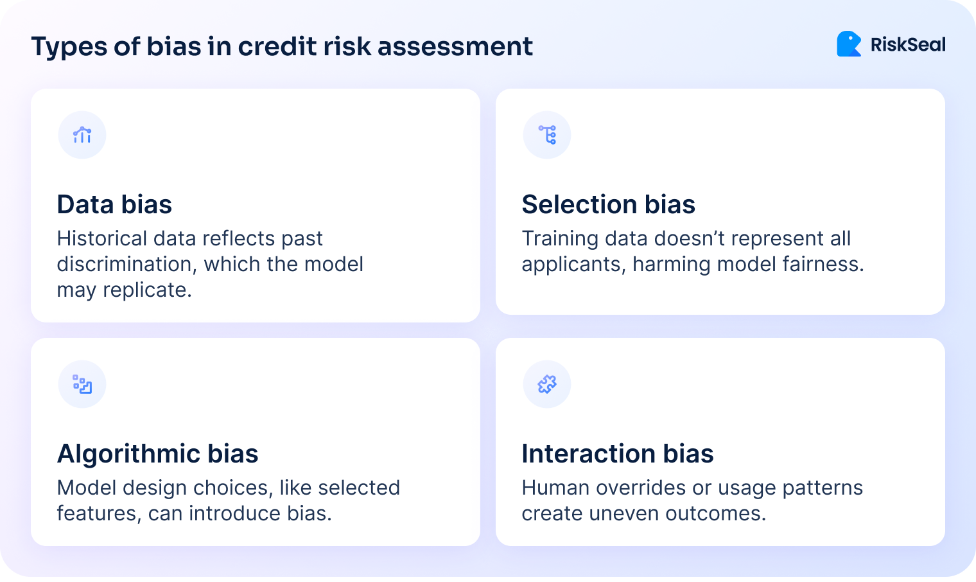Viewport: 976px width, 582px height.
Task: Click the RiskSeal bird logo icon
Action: pos(849,44)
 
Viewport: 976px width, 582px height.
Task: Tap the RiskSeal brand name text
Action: pos(908,45)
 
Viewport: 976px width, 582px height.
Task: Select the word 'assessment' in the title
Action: pos(455,46)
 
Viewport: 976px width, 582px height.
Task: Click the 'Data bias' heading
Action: pos(114,204)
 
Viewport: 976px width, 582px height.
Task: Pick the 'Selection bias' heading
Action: pos(608,204)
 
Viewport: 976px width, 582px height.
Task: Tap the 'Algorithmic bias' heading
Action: pos(157,454)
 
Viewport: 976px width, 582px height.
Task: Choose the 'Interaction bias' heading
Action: pos(617,454)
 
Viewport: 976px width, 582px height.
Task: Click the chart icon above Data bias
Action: pos(82,135)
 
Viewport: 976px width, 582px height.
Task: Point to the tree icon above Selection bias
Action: pos(547,135)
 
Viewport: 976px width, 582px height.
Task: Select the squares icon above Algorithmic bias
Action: pos(82,384)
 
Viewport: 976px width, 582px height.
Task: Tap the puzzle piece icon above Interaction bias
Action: pos(547,384)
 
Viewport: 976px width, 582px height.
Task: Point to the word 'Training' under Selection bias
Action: pos(560,238)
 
